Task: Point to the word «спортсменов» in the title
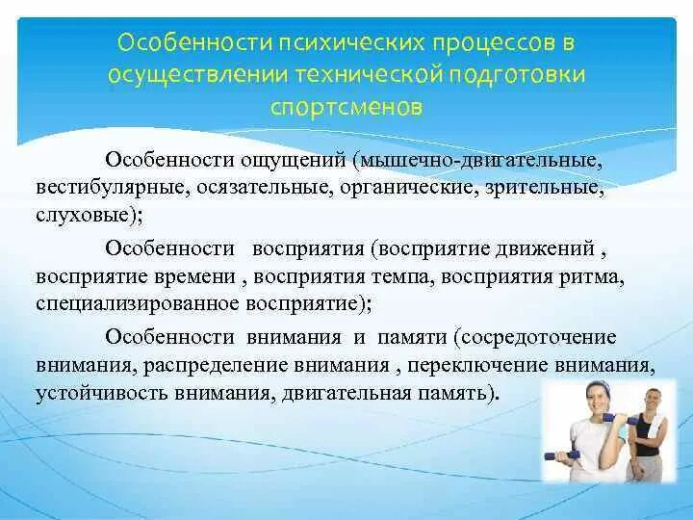[346, 105]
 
